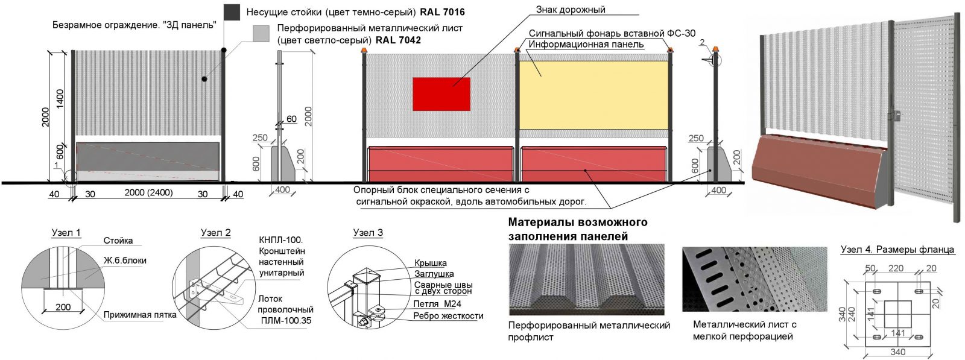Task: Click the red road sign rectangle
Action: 441,94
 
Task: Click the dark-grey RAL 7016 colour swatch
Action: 232,12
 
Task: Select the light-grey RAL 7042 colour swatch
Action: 261,34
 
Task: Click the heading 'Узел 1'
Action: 66,233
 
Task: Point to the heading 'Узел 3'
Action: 368,233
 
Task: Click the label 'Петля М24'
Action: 437,304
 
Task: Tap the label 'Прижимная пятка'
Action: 140,315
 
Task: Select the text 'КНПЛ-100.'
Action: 281,240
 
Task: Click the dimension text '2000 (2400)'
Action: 149,193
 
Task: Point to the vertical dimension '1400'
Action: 60,99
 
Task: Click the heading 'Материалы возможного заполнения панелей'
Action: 578,229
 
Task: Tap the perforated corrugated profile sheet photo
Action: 586,279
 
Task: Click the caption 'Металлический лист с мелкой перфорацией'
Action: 744,330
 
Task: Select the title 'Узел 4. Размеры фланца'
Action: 897,250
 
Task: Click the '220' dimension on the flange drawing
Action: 896,268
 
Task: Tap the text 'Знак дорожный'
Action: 571,10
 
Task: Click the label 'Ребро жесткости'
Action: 448,316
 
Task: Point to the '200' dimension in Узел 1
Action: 63,307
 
